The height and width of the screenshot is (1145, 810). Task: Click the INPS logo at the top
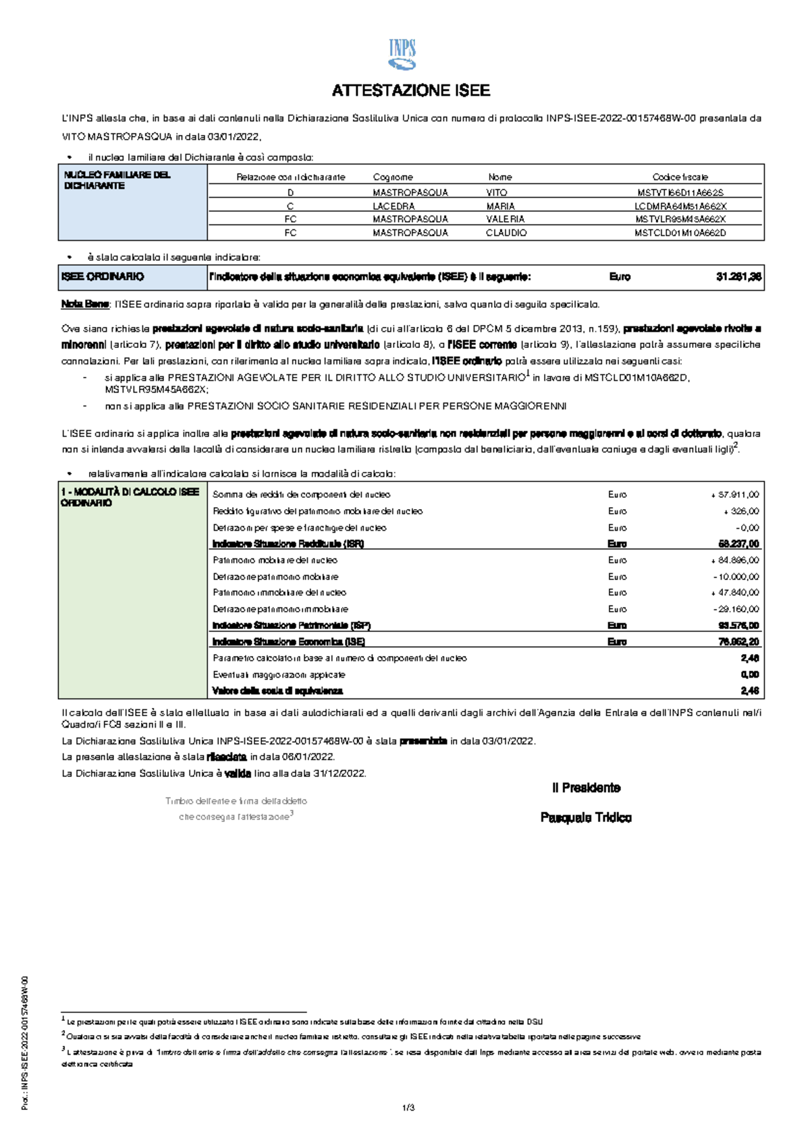click(402, 55)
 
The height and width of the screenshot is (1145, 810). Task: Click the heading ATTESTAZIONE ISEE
click(410, 90)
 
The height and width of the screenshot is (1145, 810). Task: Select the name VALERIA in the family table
click(505, 219)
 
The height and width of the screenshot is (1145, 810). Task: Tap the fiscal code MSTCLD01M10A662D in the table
click(680, 233)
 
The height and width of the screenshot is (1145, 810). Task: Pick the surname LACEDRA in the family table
click(394, 206)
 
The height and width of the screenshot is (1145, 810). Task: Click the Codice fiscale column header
click(680, 177)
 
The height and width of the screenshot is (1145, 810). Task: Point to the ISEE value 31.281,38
click(738, 276)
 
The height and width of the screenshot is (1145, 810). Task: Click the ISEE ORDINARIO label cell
click(103, 276)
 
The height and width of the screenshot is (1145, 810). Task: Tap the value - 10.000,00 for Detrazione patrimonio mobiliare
click(736, 577)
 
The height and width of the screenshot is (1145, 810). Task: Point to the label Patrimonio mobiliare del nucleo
click(275, 560)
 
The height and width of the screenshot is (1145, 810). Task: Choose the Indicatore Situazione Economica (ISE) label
click(288, 642)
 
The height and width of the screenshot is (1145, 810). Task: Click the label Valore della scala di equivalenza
click(277, 691)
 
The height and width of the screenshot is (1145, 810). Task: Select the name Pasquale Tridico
click(586, 817)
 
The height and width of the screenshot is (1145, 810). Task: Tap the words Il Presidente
click(586, 788)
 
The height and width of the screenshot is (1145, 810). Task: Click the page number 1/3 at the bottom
click(408, 1108)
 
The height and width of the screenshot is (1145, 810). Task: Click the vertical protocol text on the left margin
click(25, 1043)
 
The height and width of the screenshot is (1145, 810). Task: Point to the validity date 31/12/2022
click(340, 773)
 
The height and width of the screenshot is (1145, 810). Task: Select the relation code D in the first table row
click(290, 193)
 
